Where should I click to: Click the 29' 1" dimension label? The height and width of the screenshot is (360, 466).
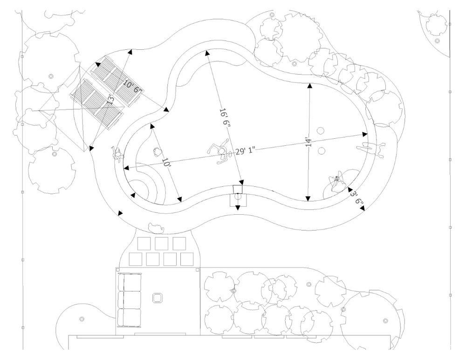tap(246, 151)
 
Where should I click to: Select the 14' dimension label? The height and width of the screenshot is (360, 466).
tap(308, 142)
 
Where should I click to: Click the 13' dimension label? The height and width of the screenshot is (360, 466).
tap(111, 99)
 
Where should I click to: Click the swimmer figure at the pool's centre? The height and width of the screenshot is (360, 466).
tap(220, 151)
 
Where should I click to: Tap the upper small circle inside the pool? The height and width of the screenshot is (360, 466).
tap(321, 131)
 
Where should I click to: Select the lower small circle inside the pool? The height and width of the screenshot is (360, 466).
tap(321, 151)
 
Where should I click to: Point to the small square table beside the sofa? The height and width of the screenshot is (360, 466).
tap(158, 298)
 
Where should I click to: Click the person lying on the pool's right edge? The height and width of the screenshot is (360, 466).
tap(371, 149)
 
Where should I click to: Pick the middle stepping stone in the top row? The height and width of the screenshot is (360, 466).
tap(161, 243)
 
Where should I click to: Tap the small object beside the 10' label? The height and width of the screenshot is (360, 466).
tap(157, 151)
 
